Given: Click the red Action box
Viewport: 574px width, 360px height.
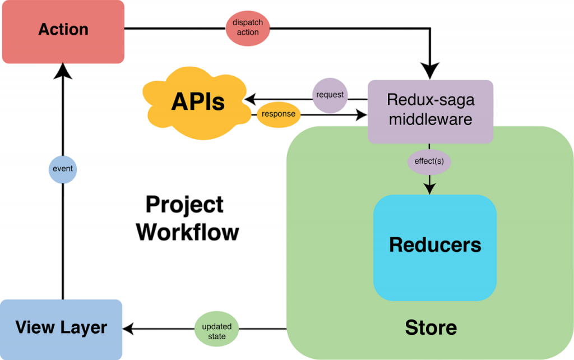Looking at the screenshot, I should [63, 31].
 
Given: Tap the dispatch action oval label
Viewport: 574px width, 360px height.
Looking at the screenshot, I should [248, 28].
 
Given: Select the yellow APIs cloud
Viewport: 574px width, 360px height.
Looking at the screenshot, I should [197, 103].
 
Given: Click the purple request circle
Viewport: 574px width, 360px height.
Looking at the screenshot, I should [330, 95].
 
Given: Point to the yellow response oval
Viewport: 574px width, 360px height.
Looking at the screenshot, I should [279, 114].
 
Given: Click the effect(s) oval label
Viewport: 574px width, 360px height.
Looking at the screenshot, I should [429, 162].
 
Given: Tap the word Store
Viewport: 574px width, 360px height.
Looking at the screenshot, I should [430, 327].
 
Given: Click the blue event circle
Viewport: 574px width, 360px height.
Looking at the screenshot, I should [62, 168].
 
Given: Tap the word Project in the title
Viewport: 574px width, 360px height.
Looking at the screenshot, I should [184, 205].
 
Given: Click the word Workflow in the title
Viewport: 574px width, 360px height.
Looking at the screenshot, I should [188, 231].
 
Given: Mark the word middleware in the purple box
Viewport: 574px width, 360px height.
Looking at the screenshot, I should [430, 119].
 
